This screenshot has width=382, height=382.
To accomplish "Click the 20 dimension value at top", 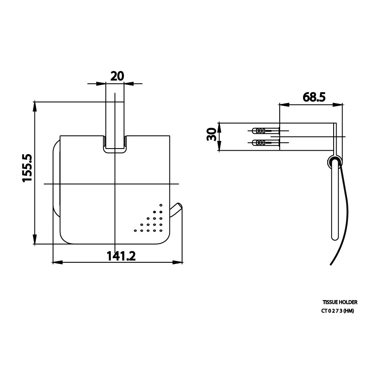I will point(117,76).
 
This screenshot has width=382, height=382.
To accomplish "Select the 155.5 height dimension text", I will point(28,168).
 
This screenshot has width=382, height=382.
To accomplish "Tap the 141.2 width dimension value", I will point(121,256).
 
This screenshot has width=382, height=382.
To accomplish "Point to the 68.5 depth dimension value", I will point(314,97).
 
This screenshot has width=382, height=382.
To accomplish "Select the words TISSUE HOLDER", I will point(340,302).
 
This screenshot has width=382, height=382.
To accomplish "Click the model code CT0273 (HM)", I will point(337,311).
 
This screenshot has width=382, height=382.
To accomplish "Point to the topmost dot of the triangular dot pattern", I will point(161,206).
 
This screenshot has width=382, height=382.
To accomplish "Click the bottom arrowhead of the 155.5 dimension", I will point(34,241).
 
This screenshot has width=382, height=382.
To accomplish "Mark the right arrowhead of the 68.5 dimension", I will point(339,104).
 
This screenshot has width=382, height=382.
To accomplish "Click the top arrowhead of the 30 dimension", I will point(219,126).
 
